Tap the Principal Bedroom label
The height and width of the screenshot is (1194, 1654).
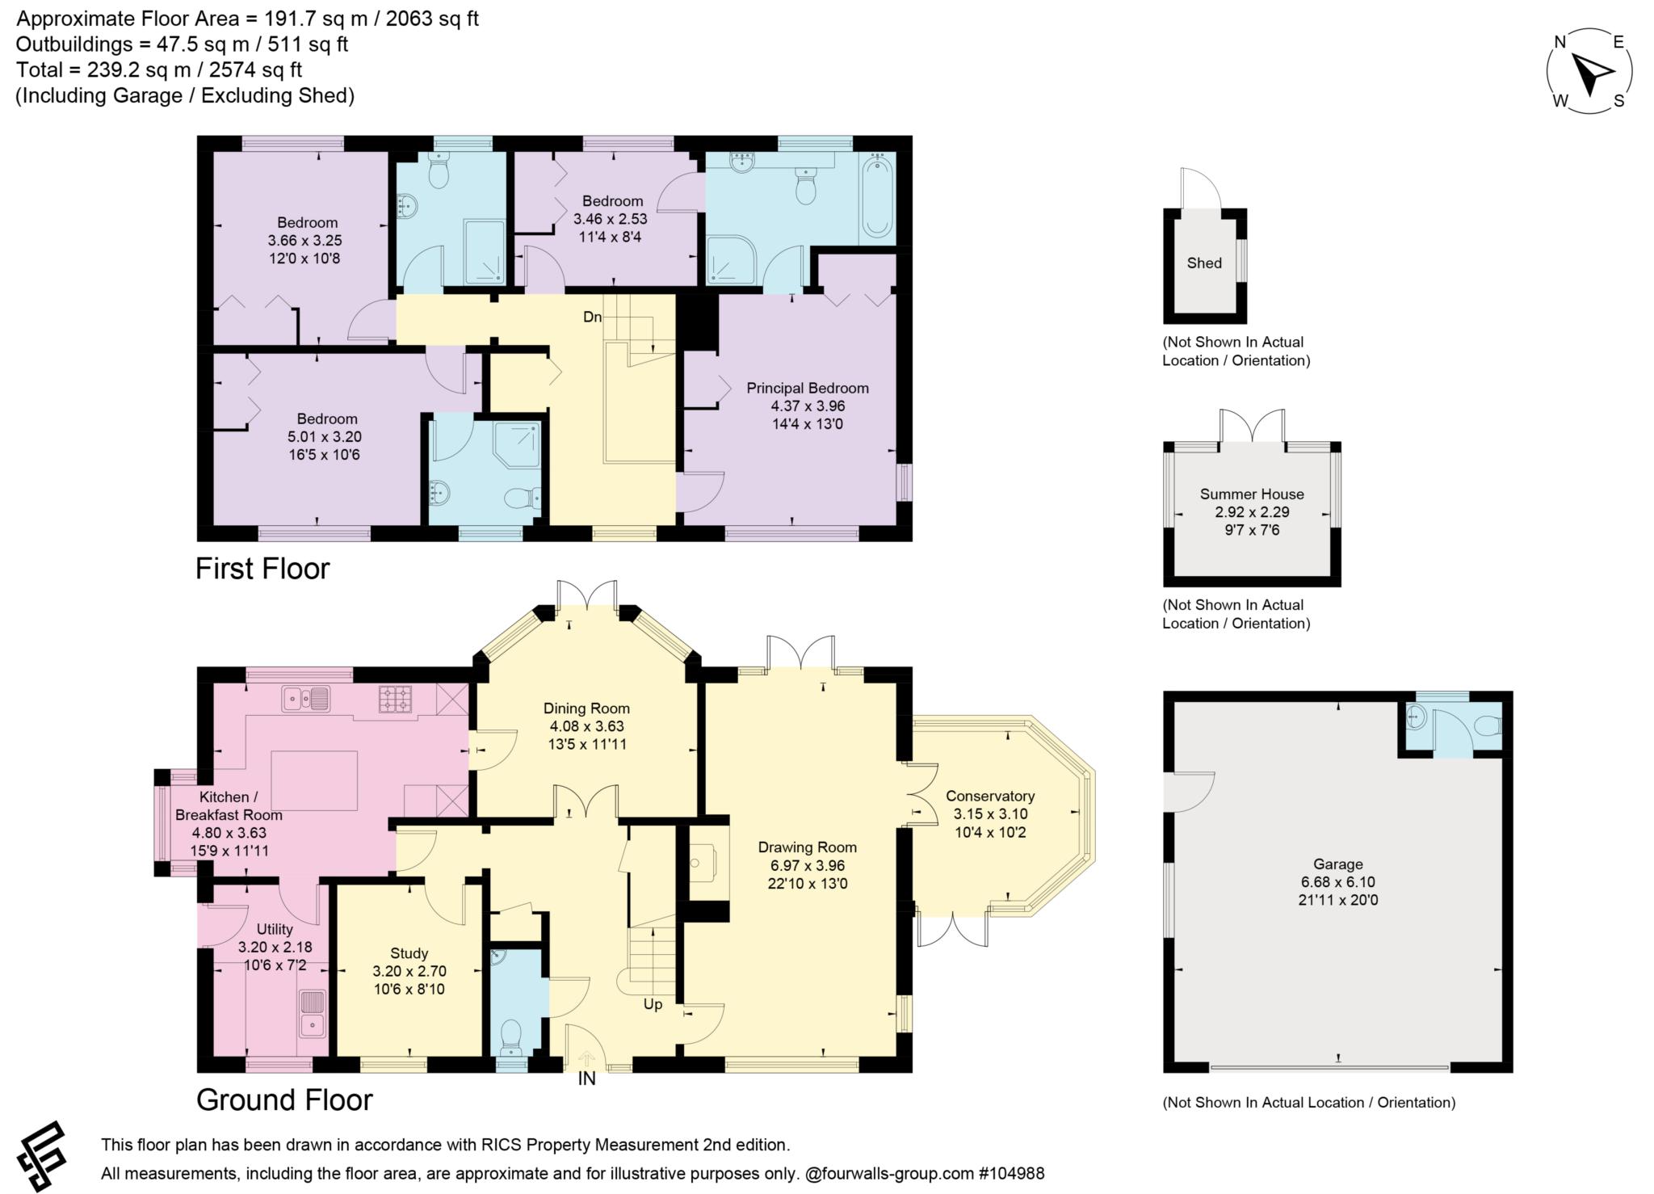pyautogui.click(x=807, y=389)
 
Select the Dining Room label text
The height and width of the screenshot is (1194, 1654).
pyautogui.click(x=586, y=708)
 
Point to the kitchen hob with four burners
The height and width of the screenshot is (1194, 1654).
pyautogui.click(x=395, y=699)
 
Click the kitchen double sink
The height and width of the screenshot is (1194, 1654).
pyautogui.click(x=306, y=699)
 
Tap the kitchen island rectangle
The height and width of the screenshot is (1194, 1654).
pyautogui.click(x=314, y=780)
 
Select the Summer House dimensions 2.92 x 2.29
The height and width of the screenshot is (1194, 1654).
pyautogui.click(x=1252, y=512)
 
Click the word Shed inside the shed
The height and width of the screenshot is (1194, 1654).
pyautogui.click(x=1204, y=263)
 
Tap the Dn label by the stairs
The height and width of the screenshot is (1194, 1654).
pyautogui.click(x=593, y=317)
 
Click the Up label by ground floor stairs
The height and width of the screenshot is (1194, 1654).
pyautogui.click(x=653, y=1004)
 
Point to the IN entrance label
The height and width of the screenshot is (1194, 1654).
pyautogui.click(x=586, y=1078)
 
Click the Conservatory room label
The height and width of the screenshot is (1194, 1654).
pyautogui.click(x=990, y=796)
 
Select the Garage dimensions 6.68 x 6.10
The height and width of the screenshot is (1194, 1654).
pyautogui.click(x=1337, y=882)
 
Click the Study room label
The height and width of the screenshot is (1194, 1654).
pyautogui.click(x=409, y=953)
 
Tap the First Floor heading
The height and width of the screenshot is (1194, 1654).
pyautogui.click(x=262, y=569)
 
